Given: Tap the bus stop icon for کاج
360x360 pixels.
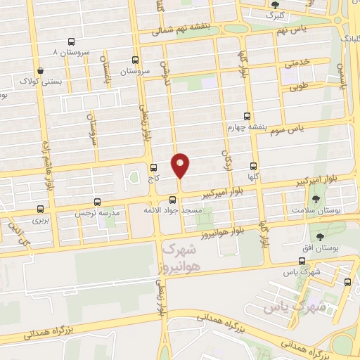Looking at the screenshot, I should (x=154, y=167).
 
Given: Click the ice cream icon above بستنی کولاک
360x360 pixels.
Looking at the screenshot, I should (x=40, y=70).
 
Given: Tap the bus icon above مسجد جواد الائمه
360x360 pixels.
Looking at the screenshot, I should (x=173, y=200).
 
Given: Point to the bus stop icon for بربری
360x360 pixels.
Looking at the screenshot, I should (x=40, y=209).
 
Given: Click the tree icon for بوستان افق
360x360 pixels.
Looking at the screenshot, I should (x=321, y=237).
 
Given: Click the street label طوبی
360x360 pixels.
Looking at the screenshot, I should (x=299, y=89).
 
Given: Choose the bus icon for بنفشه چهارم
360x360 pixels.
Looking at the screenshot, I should (x=246, y=116).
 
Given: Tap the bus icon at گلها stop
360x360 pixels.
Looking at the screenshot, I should (x=254, y=167).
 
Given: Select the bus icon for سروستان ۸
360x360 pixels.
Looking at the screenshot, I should (x=71, y=42).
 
